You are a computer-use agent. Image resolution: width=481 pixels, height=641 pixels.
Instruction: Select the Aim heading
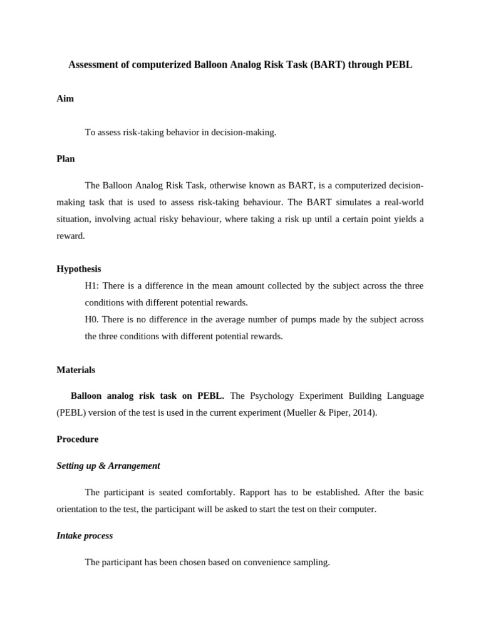(x=65, y=99)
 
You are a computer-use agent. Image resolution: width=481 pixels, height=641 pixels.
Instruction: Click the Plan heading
(x=66, y=159)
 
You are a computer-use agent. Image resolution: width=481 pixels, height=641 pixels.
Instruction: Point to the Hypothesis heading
(x=79, y=269)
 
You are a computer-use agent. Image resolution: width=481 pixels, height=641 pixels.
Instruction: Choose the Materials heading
(x=76, y=370)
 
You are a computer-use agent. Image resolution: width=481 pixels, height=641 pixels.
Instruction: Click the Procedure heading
(x=78, y=439)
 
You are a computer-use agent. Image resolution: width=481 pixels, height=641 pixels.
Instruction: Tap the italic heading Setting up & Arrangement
(x=108, y=466)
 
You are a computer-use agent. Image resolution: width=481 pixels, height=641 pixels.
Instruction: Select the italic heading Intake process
(x=85, y=536)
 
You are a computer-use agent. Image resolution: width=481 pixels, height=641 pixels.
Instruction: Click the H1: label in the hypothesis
(x=92, y=286)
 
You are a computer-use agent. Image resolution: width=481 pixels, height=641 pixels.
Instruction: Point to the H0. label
(x=92, y=319)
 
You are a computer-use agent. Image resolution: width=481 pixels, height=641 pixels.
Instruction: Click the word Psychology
(x=270, y=396)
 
